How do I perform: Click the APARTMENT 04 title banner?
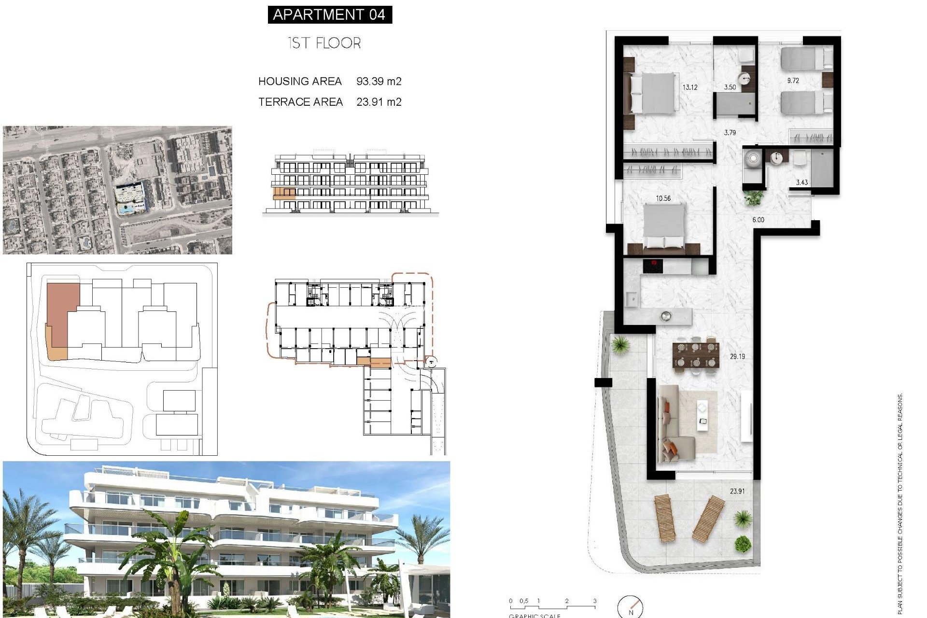[x=329, y=14]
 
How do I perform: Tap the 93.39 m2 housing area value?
[x=379, y=81]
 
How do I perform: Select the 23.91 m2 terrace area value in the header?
[x=379, y=102]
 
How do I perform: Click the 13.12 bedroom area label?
[x=689, y=87]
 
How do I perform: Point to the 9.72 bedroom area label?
[x=793, y=81]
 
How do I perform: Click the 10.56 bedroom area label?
[x=663, y=198]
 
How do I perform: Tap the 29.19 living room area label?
[x=737, y=356]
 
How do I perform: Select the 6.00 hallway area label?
[x=758, y=220]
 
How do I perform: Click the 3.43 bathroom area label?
[x=801, y=182]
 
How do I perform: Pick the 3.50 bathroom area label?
[x=730, y=87]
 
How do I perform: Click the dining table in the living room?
[x=696, y=355]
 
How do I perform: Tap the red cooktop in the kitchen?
[x=653, y=265]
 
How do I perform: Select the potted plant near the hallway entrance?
[x=753, y=197]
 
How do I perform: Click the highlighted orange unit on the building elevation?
[x=284, y=194]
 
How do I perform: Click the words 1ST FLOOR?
[x=324, y=43]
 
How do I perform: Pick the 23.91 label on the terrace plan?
[x=737, y=491]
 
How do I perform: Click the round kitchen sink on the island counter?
[x=666, y=316]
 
